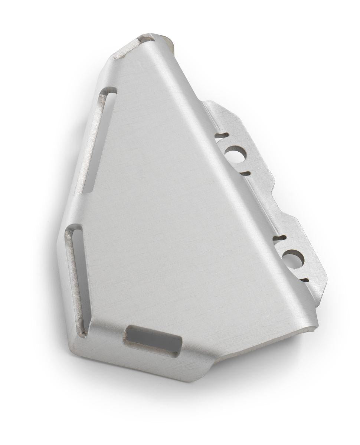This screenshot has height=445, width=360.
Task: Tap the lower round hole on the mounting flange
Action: click(294, 259)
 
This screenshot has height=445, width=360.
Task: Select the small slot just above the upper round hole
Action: click(222, 135)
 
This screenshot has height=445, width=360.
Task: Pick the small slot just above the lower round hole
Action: click(279, 238)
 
